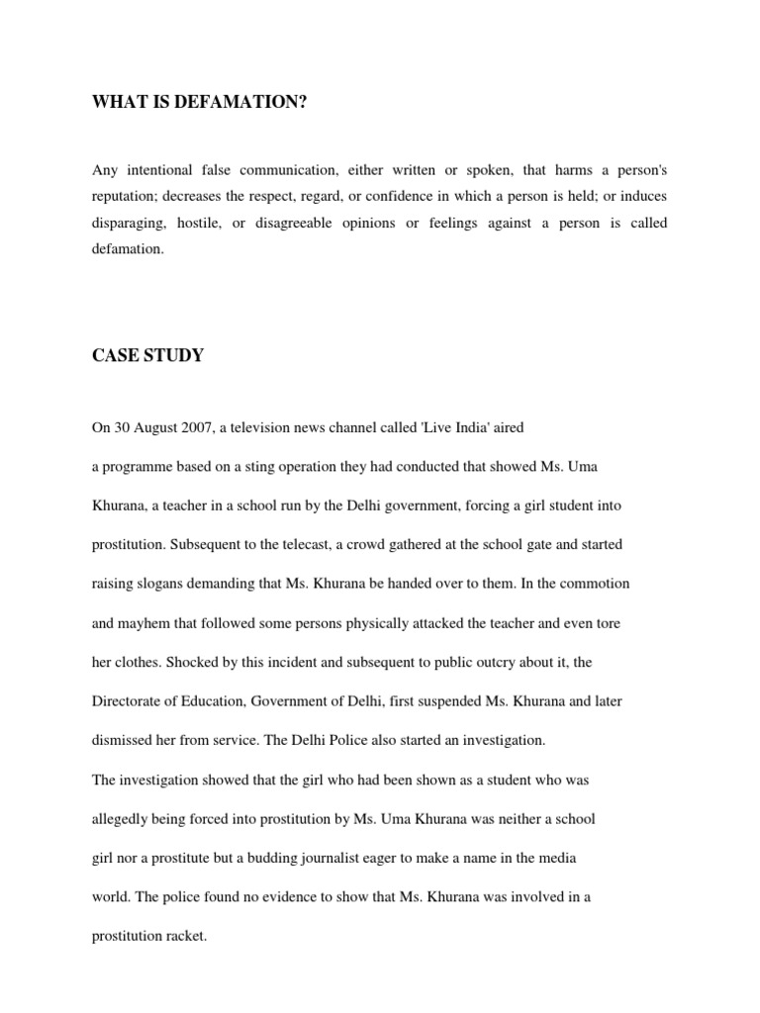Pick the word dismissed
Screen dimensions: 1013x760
pyautogui.click(x=126, y=740)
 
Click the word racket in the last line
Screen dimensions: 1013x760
pyautogui.click(x=183, y=936)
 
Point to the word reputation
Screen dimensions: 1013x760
pyautogui.click(x=126, y=197)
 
